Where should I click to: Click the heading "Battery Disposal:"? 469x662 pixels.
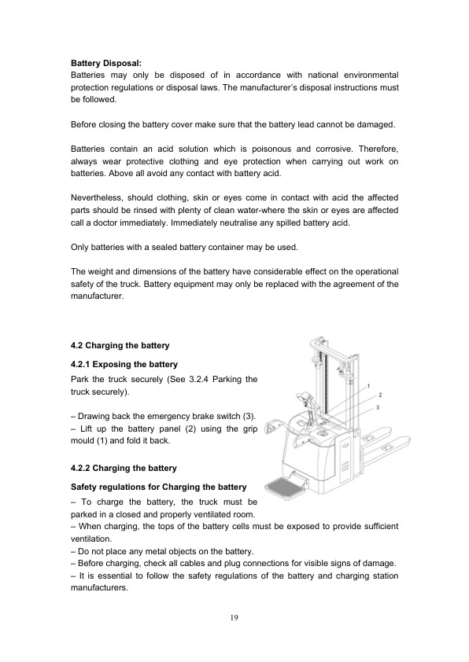click(106, 61)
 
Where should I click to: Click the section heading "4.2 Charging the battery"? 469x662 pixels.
click(120, 345)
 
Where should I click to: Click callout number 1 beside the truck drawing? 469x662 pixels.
click(367, 387)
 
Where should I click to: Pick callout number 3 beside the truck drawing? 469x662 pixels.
click(378, 407)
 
